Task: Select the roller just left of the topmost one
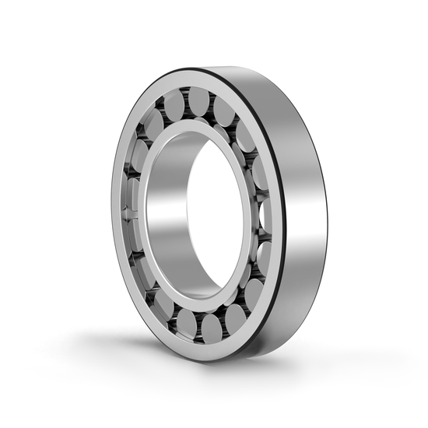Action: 175,105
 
